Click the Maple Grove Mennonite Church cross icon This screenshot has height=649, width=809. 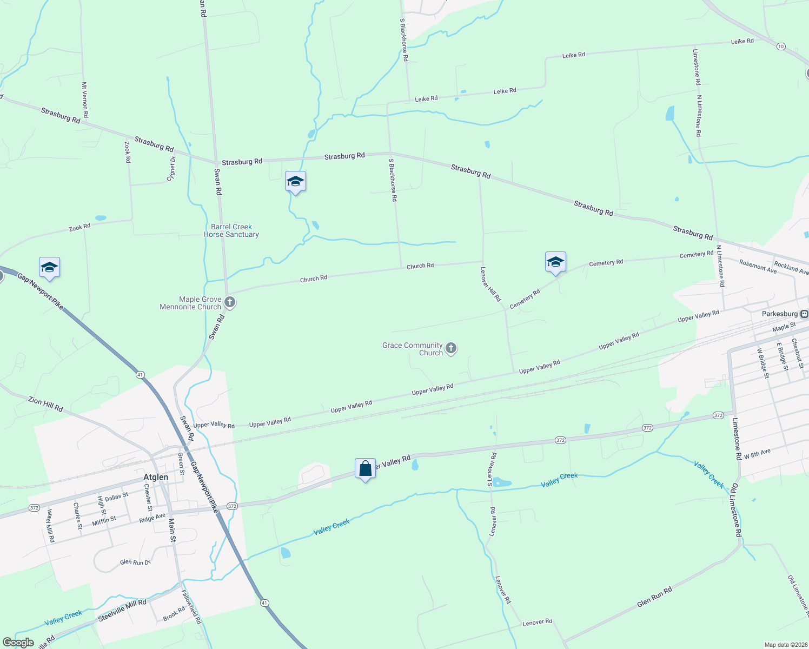[230, 302]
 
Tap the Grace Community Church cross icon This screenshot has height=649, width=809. [451, 349]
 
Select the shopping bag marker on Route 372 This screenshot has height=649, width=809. [365, 468]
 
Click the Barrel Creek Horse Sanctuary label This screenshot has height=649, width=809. [231, 231]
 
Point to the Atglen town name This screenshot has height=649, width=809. [156, 477]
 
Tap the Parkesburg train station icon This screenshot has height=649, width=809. [805, 314]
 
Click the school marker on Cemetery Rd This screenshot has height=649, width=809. [555, 262]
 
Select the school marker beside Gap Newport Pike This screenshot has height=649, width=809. [49, 268]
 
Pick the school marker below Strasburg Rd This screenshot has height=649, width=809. [295, 182]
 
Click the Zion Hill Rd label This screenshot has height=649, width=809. [45, 404]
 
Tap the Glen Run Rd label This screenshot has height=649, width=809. [654, 597]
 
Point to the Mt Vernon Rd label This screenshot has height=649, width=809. [85, 100]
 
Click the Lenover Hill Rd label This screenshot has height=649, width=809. [491, 284]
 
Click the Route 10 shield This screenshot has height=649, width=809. [781, 47]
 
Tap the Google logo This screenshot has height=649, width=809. [18, 643]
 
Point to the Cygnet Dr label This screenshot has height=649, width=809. [171, 168]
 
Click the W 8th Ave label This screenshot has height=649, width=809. [757, 454]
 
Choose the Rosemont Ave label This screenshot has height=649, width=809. [758, 266]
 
